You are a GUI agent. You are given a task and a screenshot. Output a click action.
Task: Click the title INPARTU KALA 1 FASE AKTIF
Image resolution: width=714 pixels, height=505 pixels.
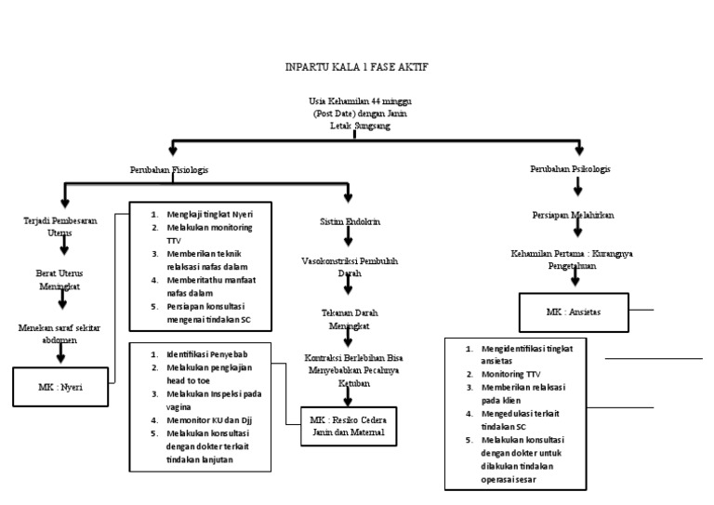coord(356,68)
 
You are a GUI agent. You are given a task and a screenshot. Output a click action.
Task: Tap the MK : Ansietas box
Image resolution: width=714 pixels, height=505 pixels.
coord(573,312)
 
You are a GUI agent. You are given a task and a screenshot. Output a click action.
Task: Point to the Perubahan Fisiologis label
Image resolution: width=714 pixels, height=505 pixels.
coord(168,171)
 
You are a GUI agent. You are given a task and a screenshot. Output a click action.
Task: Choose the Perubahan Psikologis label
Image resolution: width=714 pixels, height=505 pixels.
coord(572,170)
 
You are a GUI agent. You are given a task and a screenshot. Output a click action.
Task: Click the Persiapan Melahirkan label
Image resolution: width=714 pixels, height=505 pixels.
coord(573,215)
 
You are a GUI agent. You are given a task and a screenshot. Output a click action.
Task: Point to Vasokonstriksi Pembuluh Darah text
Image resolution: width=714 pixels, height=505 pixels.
coord(350,268)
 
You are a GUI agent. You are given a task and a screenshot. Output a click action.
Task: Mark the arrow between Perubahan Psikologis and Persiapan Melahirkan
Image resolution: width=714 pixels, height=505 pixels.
coord(576,192)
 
